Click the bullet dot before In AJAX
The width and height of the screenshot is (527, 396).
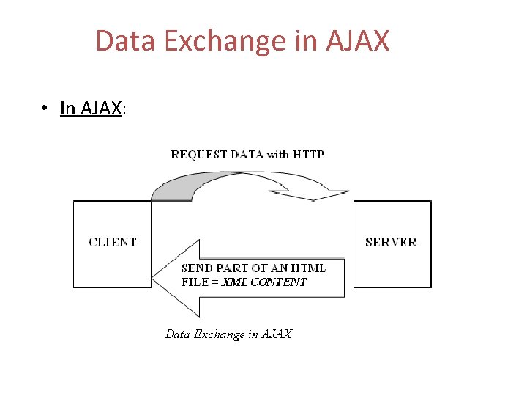pos(45,109)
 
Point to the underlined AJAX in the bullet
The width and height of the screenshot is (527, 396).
pos(101,109)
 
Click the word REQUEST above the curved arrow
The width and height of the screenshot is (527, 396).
pos(199,155)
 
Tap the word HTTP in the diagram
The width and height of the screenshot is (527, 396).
pos(308,155)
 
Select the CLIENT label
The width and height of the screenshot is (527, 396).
pos(113,242)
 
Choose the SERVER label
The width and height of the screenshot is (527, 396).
pos(391,242)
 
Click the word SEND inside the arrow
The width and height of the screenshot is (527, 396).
pos(196,268)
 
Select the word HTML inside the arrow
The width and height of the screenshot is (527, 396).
pos(310,268)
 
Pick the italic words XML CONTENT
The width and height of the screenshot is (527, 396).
pos(264,282)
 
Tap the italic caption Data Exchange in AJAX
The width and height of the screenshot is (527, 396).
pos(228,334)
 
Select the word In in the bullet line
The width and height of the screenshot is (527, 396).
pos(68,109)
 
